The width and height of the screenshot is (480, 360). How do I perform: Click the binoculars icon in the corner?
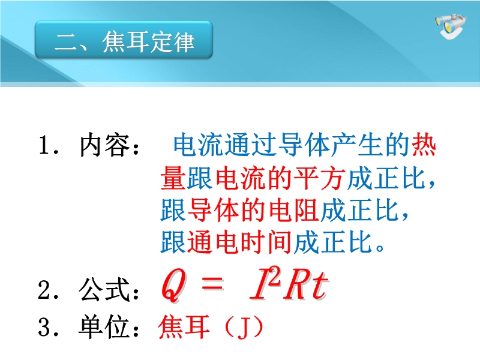click(x=451, y=26)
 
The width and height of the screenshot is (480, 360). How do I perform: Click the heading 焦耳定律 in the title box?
click(x=148, y=41)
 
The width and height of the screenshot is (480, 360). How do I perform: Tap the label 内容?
click(x=104, y=145)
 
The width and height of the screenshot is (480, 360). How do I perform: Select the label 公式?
click(x=104, y=290)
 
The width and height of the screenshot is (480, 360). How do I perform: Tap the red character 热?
click(x=424, y=145)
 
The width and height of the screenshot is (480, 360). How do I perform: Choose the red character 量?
click(x=173, y=178)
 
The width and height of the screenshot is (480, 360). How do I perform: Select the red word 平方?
click(x=319, y=178)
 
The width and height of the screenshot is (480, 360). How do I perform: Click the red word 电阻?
click(x=293, y=211)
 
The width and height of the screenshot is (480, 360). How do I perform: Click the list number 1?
click(x=45, y=145)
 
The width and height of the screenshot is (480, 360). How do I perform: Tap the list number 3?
click(x=45, y=327)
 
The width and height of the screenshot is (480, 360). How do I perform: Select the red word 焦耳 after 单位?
click(x=184, y=326)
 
